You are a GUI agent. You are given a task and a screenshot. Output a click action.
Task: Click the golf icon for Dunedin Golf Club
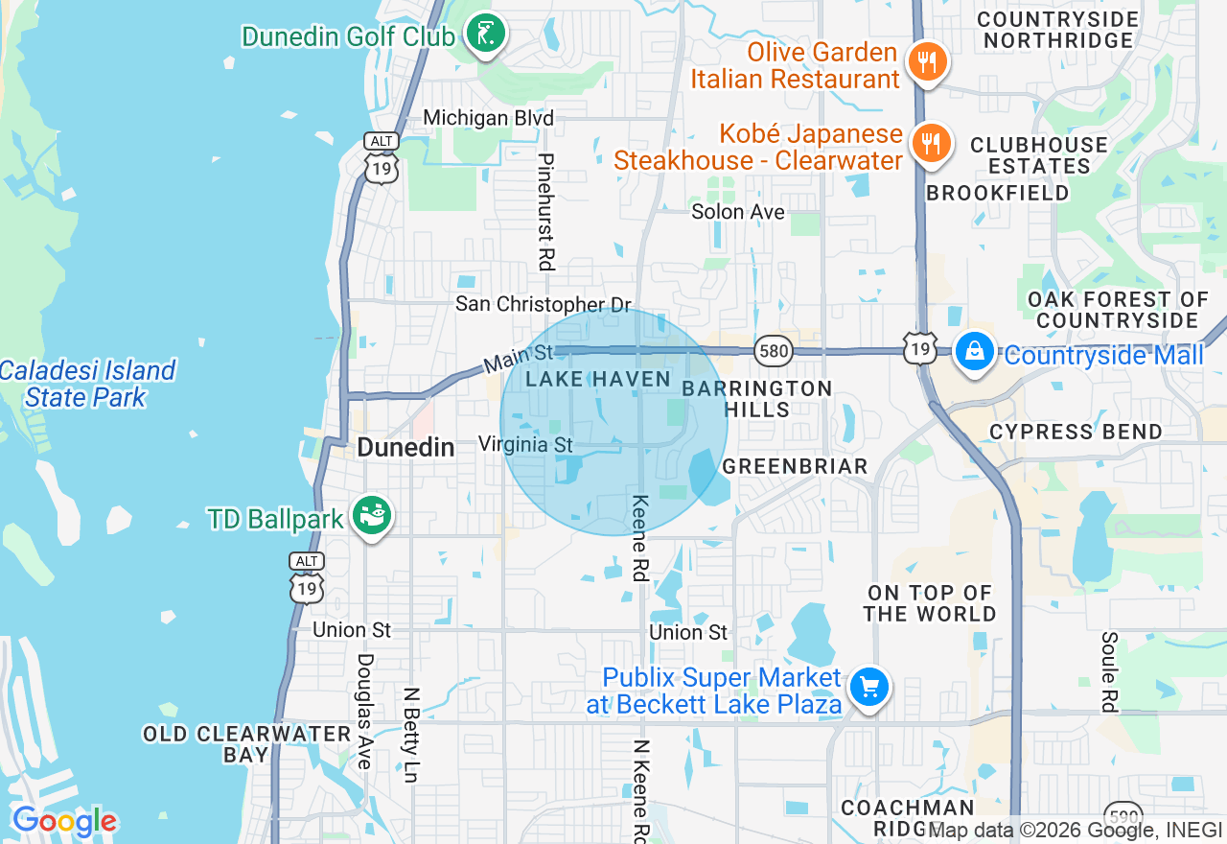pos(486,35)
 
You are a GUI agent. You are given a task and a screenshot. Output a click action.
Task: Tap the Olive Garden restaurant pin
pos(926,63)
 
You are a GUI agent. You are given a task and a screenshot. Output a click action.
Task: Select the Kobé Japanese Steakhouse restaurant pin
pos(929,144)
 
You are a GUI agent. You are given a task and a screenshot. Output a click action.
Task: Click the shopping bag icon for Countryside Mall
pos(974,352)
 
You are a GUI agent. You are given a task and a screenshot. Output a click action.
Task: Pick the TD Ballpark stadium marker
pos(371,517)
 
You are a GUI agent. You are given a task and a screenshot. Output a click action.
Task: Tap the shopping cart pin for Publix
pos(869,688)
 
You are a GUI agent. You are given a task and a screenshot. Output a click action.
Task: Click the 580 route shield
pos(773,351)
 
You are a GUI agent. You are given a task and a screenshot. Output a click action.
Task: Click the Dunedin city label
pos(405,447)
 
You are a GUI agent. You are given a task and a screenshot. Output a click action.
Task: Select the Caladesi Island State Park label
pos(87,384)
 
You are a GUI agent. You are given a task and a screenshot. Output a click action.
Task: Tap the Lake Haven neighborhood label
pos(598,379)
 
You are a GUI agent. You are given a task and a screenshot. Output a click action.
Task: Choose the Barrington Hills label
pos(757,399)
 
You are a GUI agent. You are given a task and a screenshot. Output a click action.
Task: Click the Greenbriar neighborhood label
pos(795,466)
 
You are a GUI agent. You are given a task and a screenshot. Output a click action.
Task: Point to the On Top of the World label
pos(931,603)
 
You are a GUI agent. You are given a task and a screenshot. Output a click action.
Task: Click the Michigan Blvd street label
pos(489,118)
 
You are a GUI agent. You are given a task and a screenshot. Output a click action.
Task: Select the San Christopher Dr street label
pos(544,304)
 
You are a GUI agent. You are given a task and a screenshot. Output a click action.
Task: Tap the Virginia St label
pos(525,444)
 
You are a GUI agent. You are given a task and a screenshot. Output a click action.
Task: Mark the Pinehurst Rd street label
pos(546,211)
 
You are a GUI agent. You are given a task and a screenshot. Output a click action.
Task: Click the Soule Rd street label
pos(1110,671)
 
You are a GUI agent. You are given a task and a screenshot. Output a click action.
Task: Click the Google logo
pos(64,822)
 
